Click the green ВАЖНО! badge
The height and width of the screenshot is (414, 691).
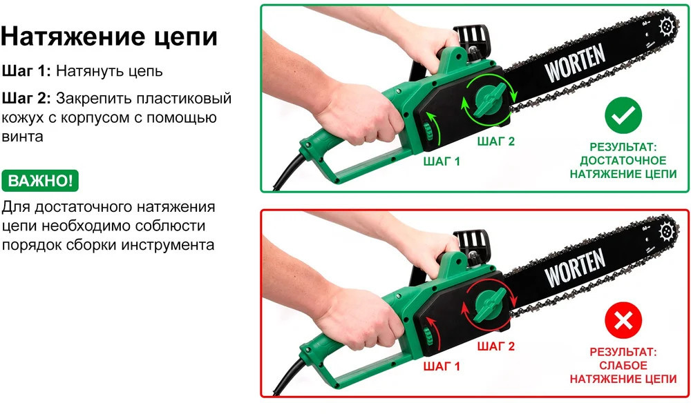pyautogui.click(x=40, y=181)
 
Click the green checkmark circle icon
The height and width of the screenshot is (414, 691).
pyautogui.click(x=623, y=115)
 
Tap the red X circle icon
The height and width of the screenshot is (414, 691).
pyautogui.click(x=623, y=320)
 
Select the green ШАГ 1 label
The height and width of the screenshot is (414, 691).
pyautogui.click(x=442, y=161)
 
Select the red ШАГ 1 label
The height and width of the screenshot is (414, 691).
pyautogui.click(x=442, y=366)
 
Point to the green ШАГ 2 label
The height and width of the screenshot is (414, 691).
pyautogui.click(x=495, y=141)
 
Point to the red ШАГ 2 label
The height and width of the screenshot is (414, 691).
pyautogui.click(x=495, y=346)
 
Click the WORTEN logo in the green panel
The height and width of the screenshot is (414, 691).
pyautogui.click(x=575, y=62)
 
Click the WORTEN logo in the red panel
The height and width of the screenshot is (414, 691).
pyautogui.click(x=575, y=267)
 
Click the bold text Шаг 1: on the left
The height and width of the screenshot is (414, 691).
pyautogui.click(x=26, y=71)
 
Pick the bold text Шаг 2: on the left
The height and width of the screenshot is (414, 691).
pyautogui.click(x=26, y=98)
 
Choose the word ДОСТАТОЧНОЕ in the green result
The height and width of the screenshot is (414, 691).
pyautogui.click(x=623, y=161)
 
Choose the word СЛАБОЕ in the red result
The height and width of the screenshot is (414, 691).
pyautogui.click(x=623, y=366)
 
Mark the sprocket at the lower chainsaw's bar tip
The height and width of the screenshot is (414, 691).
pyautogui.click(x=667, y=232)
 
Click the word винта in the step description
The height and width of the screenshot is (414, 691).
pyautogui.click(x=23, y=137)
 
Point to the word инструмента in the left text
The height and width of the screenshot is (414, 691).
pyautogui.click(x=168, y=245)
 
